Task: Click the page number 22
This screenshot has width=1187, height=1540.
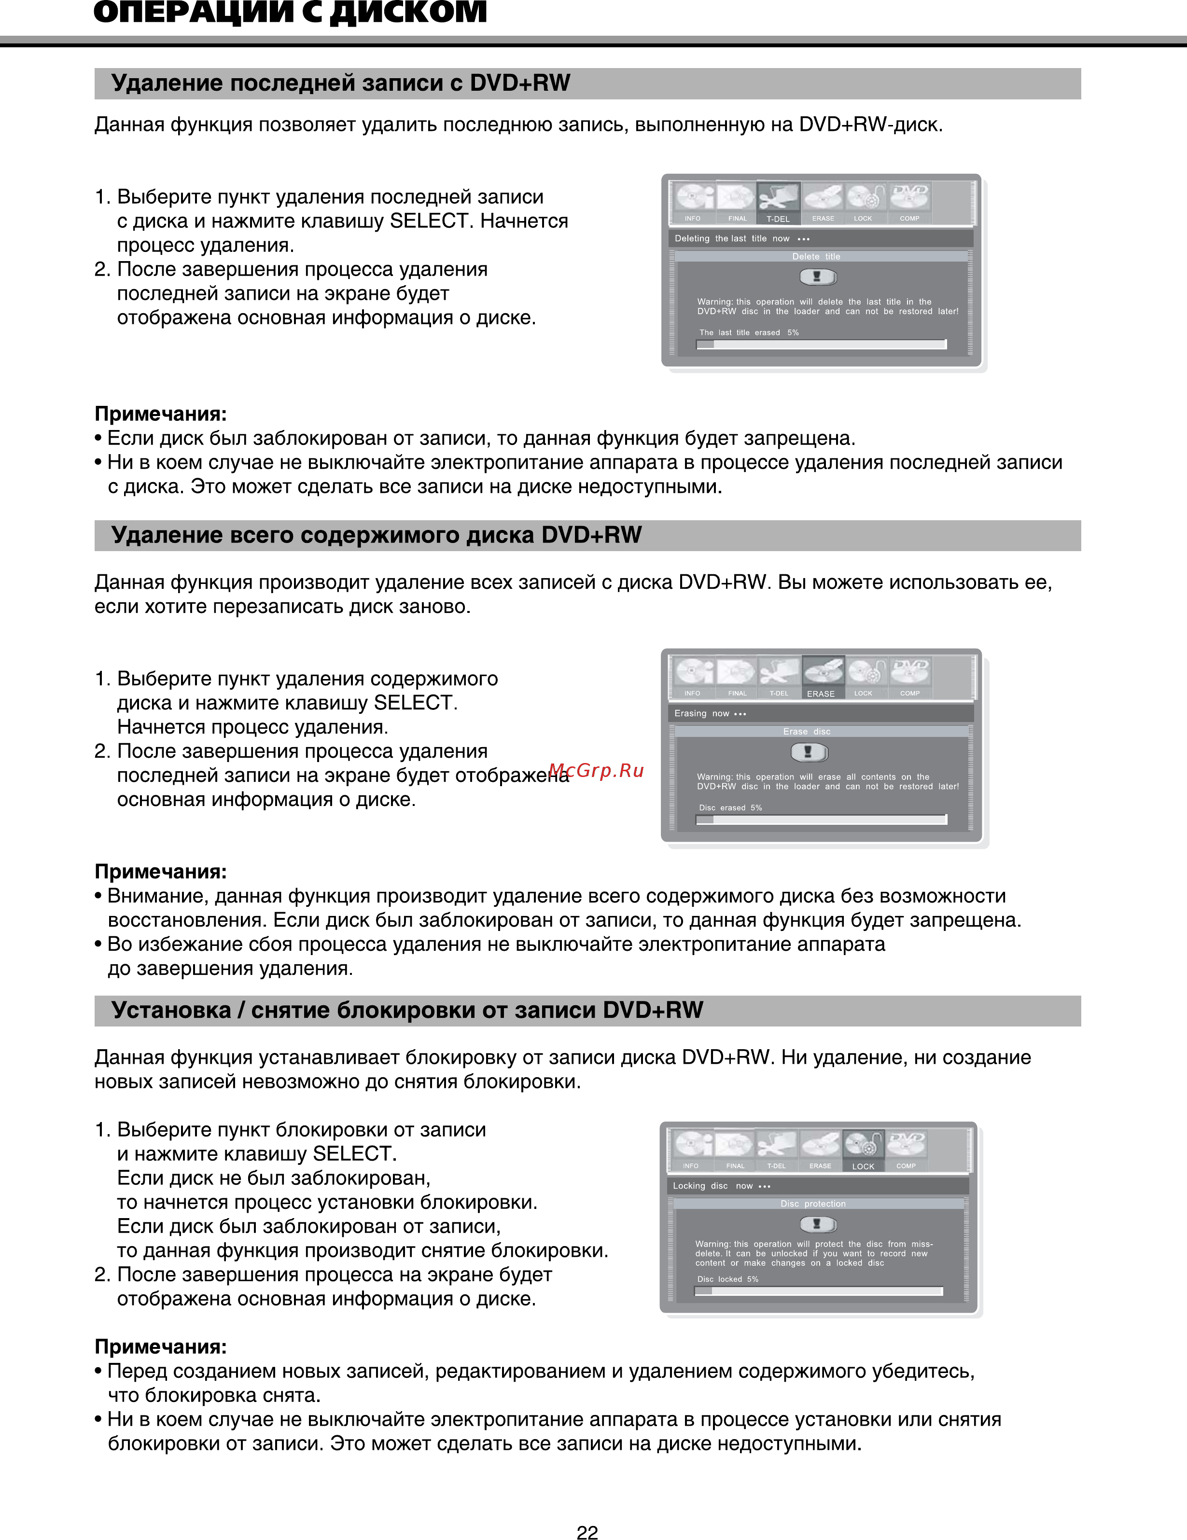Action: tap(587, 1531)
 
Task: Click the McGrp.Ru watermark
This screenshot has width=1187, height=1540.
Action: tap(597, 770)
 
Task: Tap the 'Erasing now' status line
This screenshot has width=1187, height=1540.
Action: tap(710, 714)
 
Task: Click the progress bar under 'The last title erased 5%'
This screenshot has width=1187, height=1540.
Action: tap(821, 344)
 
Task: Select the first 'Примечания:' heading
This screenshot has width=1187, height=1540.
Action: tap(161, 414)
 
